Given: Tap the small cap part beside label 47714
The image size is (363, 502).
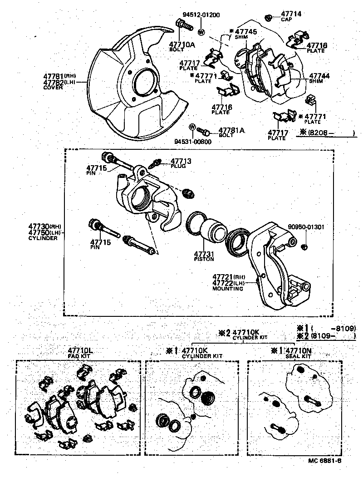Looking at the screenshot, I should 269,18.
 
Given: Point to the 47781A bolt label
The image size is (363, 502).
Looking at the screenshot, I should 231,130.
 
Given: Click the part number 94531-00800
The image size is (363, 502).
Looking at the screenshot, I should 192,141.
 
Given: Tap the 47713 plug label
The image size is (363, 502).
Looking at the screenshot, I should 181,162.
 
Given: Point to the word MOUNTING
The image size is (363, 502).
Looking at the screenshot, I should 227,288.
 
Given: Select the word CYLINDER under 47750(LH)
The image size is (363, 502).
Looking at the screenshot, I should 43,238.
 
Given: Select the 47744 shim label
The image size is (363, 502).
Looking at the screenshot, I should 319,76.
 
